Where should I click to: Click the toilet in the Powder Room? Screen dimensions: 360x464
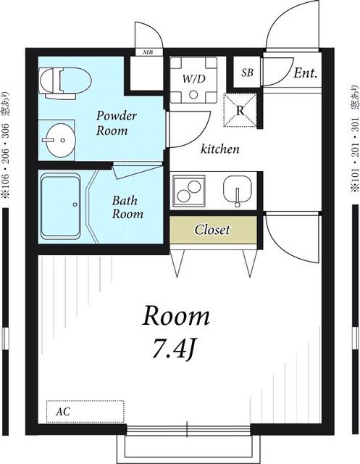point(65,83)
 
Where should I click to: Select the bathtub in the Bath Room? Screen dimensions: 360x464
point(61,206)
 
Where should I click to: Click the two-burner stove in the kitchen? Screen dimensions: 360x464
point(189,191)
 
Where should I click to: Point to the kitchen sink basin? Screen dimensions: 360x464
point(238,189)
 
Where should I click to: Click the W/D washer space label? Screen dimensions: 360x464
point(193,79)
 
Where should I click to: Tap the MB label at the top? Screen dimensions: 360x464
point(148,52)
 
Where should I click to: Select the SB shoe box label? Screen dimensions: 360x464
point(247,72)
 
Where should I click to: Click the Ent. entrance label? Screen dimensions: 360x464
point(306,72)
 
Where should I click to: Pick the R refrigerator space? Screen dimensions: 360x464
point(240,110)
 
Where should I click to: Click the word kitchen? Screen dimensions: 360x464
point(220,149)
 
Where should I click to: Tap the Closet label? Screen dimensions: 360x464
point(212,230)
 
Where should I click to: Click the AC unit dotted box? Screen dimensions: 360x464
point(85,411)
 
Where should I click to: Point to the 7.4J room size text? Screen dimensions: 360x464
point(174,350)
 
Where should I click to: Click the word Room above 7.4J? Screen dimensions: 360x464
point(176,316)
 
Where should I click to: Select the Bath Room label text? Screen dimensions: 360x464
point(127,207)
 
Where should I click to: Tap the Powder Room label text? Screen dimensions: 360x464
point(117,123)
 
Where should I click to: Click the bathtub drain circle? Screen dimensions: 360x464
point(75,204)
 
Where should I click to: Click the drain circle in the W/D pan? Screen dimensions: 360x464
point(193,95)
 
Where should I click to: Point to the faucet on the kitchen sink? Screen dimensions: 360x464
point(237,197)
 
